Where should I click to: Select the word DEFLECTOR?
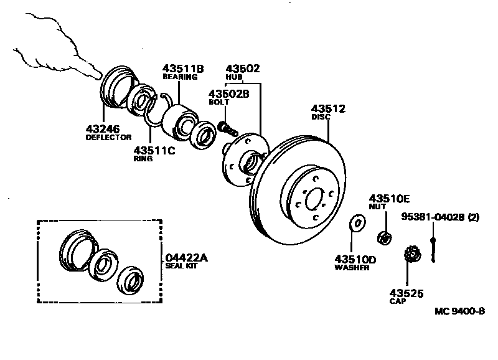pos(108,137)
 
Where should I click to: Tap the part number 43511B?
pos(183,68)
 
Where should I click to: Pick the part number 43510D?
pos(355,258)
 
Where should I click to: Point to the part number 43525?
pos(406,292)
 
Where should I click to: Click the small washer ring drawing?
pos(358,222)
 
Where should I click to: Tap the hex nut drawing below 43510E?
pos(385,237)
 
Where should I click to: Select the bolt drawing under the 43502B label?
pos(227,128)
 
